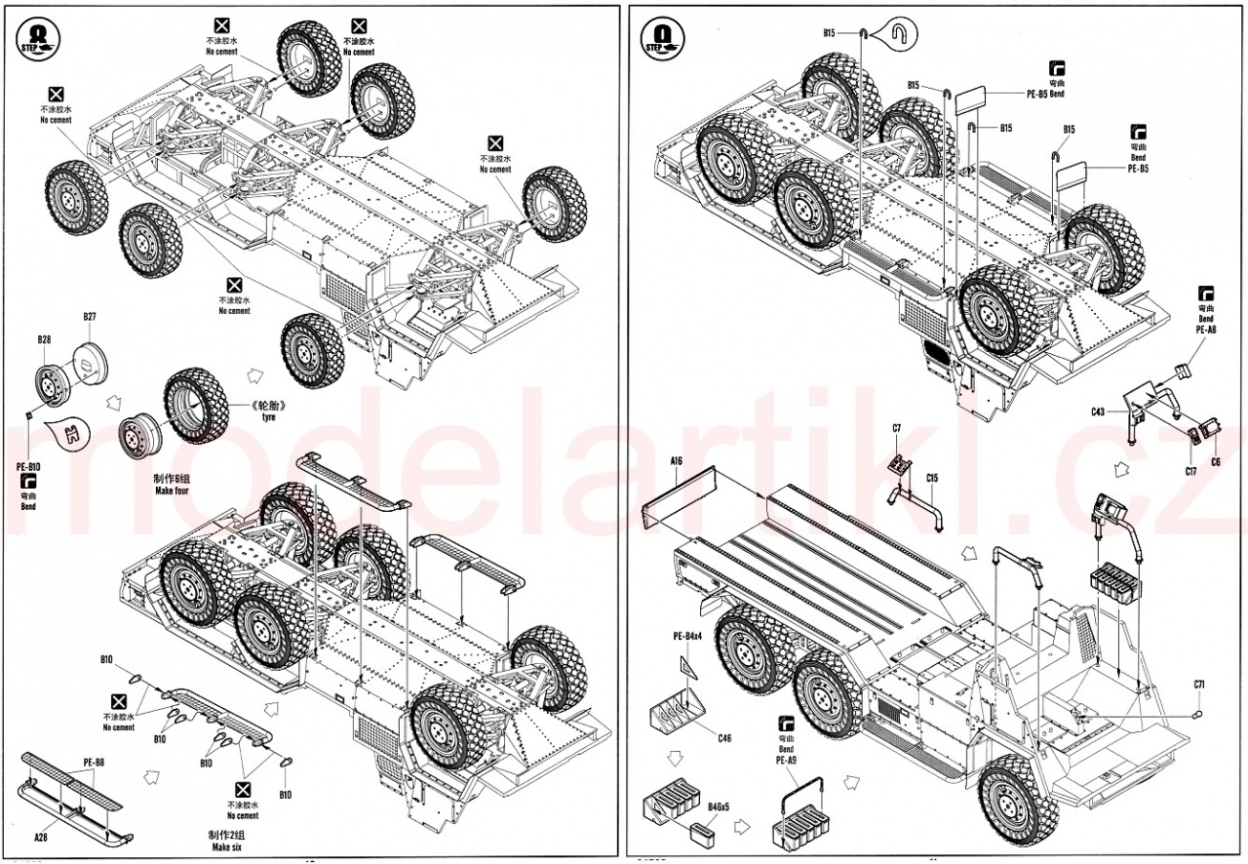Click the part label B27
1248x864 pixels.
coord(90,317)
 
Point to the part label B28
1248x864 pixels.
coord(44,339)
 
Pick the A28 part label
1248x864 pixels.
coord(40,836)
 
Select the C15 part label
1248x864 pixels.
coord(932,478)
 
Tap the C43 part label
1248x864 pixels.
coord(1097,412)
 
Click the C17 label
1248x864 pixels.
coord(1190,471)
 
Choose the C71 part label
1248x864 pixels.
coord(1199,685)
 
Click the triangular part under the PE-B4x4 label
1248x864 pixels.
coord(688,667)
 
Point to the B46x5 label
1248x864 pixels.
coord(720,808)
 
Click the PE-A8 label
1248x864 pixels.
coord(1206,331)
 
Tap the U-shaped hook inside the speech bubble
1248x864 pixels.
coord(900,35)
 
